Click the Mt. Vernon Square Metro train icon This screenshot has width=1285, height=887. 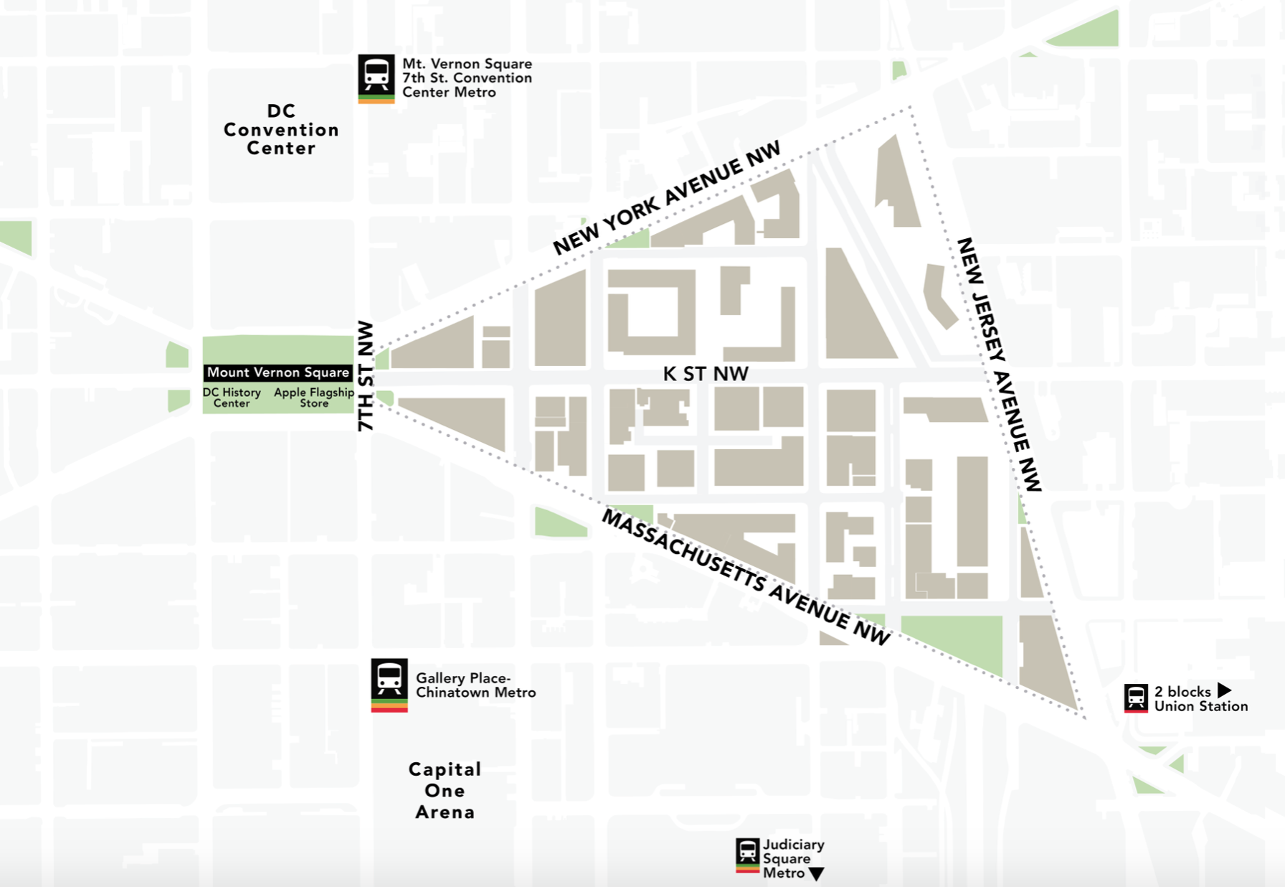(x=376, y=75)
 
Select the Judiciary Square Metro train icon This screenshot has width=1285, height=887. (x=747, y=852)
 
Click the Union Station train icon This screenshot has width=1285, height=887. (x=1136, y=697)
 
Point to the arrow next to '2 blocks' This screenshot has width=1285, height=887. (x=1224, y=690)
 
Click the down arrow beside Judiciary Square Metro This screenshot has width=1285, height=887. (x=816, y=874)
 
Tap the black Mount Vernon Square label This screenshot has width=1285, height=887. (x=278, y=372)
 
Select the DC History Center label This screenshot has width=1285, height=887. (x=232, y=398)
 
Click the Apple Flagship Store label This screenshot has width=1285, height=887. (x=314, y=398)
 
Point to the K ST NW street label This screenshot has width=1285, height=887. (x=706, y=374)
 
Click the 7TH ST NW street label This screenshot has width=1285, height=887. (x=366, y=375)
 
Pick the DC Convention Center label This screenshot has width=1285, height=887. (x=281, y=130)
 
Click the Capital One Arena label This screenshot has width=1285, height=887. (x=445, y=790)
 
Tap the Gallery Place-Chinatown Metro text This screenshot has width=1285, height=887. (x=475, y=685)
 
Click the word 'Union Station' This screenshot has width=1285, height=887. (x=1201, y=706)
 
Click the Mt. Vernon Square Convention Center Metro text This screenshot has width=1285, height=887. (x=467, y=78)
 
